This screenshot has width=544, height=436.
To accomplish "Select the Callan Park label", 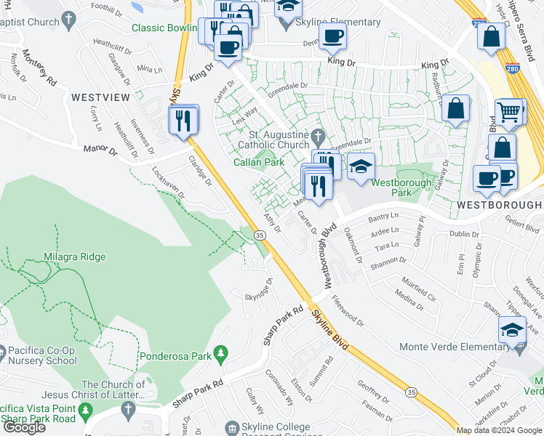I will (258, 162).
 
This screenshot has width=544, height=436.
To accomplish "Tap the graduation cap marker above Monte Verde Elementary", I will (513, 330).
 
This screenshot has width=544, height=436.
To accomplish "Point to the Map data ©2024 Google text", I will (499, 430).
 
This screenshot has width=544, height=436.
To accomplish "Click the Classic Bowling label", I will (164, 28).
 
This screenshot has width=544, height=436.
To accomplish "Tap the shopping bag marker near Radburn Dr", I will (455, 110).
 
